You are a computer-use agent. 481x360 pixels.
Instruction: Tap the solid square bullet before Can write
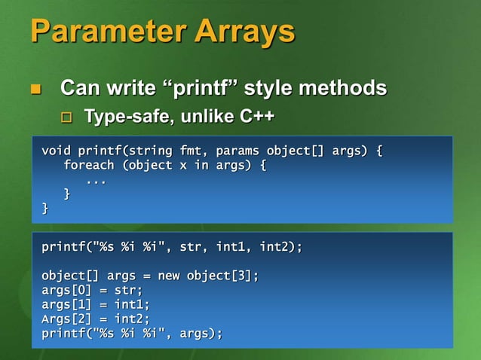pyautogui.click(x=34, y=90)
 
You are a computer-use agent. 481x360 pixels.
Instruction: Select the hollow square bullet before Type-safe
pyautogui.click(x=67, y=118)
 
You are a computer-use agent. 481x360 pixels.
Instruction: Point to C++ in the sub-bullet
pyautogui.click(x=257, y=117)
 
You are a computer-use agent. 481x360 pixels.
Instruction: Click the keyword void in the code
pyautogui.click(x=57, y=151)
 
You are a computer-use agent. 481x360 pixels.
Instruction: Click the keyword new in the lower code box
pyautogui.click(x=169, y=276)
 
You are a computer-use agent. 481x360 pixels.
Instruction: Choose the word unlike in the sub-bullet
pyautogui.click(x=204, y=117)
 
